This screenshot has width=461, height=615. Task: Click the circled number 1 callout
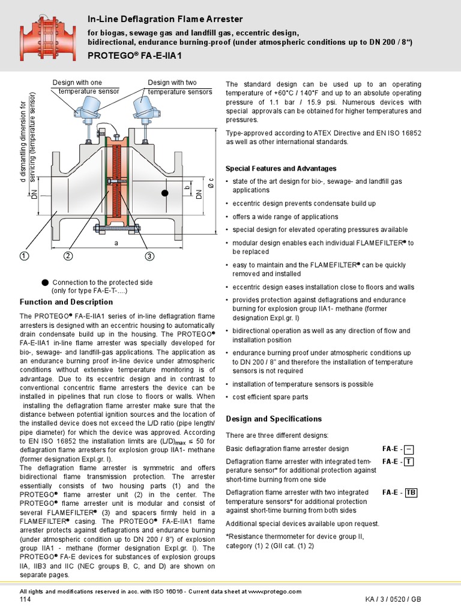(25, 256)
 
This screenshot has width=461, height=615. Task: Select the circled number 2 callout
(68, 256)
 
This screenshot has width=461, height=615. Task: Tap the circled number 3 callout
(149, 256)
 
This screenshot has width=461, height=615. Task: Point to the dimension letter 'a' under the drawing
(115, 243)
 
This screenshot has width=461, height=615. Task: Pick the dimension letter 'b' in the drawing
(187, 190)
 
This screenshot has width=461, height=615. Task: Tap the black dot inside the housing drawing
(164, 193)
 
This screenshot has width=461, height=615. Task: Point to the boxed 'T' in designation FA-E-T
(408, 462)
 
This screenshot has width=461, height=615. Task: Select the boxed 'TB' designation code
(411, 492)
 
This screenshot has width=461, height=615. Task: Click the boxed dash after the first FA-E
(408, 449)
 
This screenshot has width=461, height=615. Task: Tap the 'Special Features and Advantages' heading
(281, 168)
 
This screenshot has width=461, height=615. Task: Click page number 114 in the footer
(25, 600)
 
